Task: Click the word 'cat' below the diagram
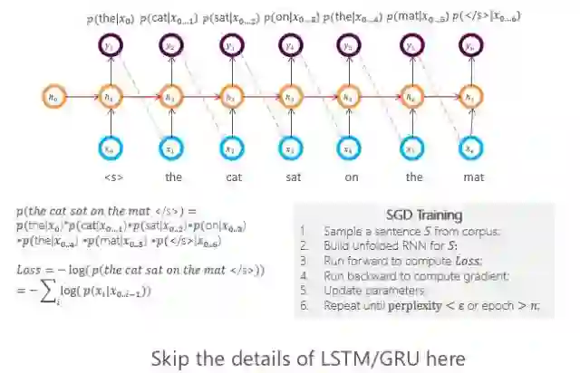(x=233, y=177)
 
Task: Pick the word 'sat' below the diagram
(x=293, y=177)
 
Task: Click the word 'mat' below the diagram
(x=469, y=177)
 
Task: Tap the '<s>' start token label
(x=113, y=177)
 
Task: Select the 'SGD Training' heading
(x=423, y=215)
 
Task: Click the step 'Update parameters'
(x=374, y=291)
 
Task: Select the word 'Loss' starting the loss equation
(x=30, y=270)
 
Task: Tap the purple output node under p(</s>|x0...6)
(x=469, y=45)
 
